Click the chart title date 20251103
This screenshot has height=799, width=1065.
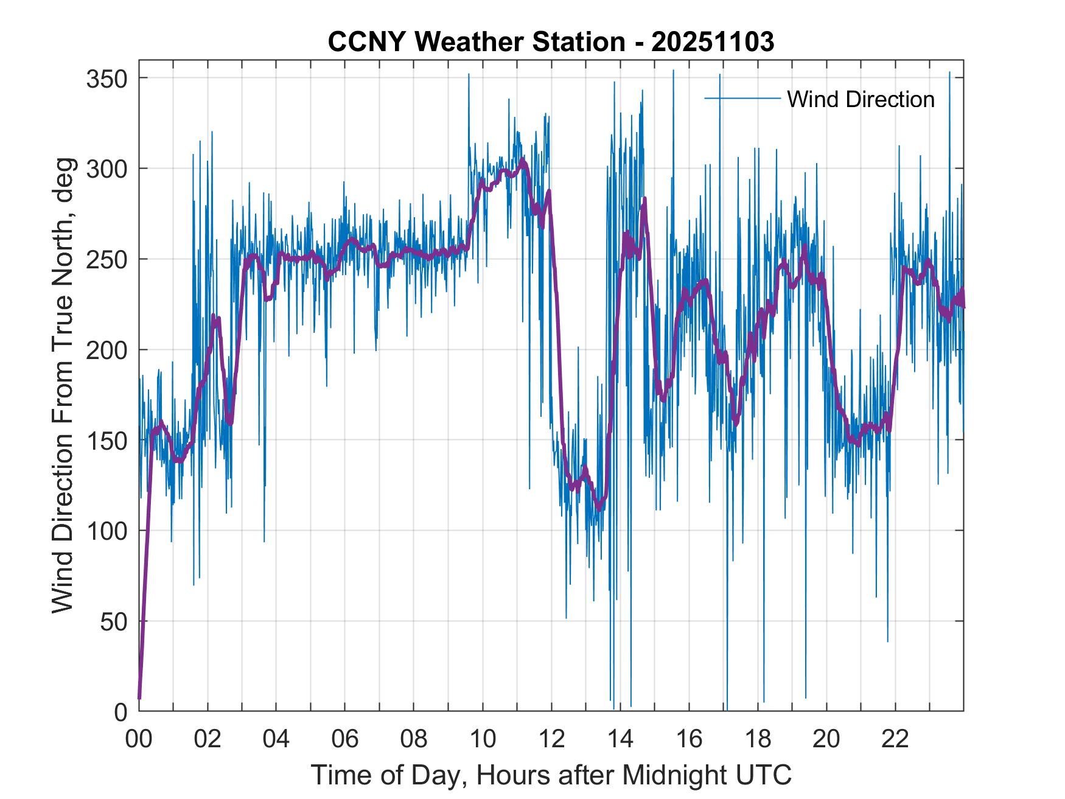713,42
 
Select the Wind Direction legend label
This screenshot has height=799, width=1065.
861,99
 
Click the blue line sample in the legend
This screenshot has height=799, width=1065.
742,98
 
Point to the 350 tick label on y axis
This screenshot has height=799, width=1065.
106,79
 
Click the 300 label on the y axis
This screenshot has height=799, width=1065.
106,169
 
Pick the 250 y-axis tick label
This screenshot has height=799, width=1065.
106,259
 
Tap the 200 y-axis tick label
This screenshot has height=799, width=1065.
106,350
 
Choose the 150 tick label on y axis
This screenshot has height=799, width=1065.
106,440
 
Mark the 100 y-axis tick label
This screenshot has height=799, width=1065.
106,531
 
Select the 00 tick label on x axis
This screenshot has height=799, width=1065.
139,739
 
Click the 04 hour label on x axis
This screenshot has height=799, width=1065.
276,739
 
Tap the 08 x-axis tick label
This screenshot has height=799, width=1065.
414,739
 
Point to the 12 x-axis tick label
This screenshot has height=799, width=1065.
551,739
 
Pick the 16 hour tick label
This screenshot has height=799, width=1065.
689,739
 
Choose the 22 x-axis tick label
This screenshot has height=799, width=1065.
895,739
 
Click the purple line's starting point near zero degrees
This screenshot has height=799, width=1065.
139,697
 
